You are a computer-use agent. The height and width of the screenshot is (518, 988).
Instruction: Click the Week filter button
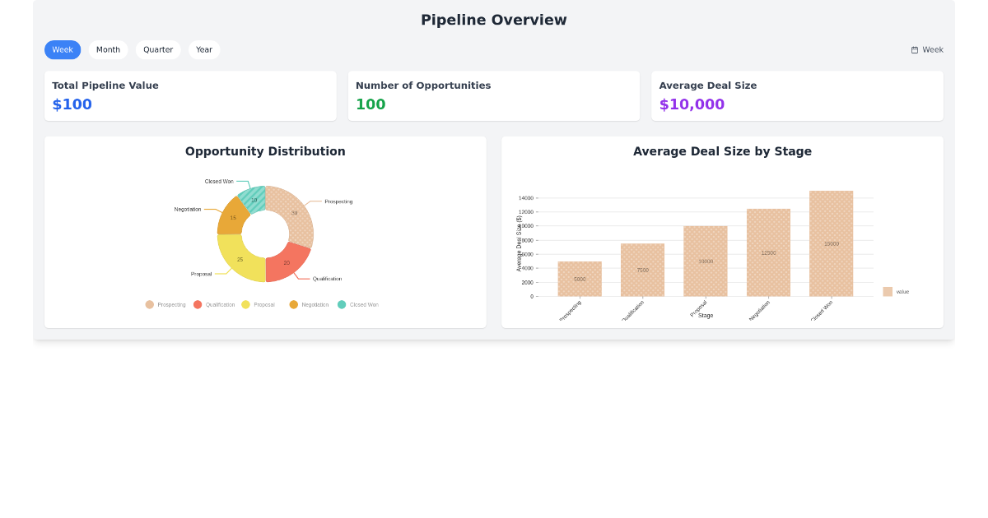coord(63,49)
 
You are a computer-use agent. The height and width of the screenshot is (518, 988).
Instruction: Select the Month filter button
coord(108,49)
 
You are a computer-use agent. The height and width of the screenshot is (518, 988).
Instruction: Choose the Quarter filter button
coord(158,49)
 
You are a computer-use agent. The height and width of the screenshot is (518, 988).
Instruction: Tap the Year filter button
coord(204,49)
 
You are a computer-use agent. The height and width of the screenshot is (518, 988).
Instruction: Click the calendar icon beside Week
coord(915,50)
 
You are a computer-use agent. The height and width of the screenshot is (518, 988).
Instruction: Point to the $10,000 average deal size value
coord(692,104)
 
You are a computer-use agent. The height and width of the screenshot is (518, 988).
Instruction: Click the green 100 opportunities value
coord(370,104)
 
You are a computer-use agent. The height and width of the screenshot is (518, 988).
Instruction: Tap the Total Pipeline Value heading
coord(105,86)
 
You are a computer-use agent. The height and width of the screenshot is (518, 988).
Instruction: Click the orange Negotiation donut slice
coord(232,218)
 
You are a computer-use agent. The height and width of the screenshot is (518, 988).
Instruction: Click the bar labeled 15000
coord(831,243)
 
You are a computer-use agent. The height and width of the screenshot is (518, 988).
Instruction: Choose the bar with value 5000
coord(580,279)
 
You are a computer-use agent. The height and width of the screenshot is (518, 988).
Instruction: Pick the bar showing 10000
coord(706,261)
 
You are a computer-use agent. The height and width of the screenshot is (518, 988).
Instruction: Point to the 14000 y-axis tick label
coord(525,198)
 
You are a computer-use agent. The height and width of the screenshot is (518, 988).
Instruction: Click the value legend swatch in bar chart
coord(888,292)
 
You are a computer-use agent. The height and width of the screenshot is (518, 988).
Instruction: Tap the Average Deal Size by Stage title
coord(722,151)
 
